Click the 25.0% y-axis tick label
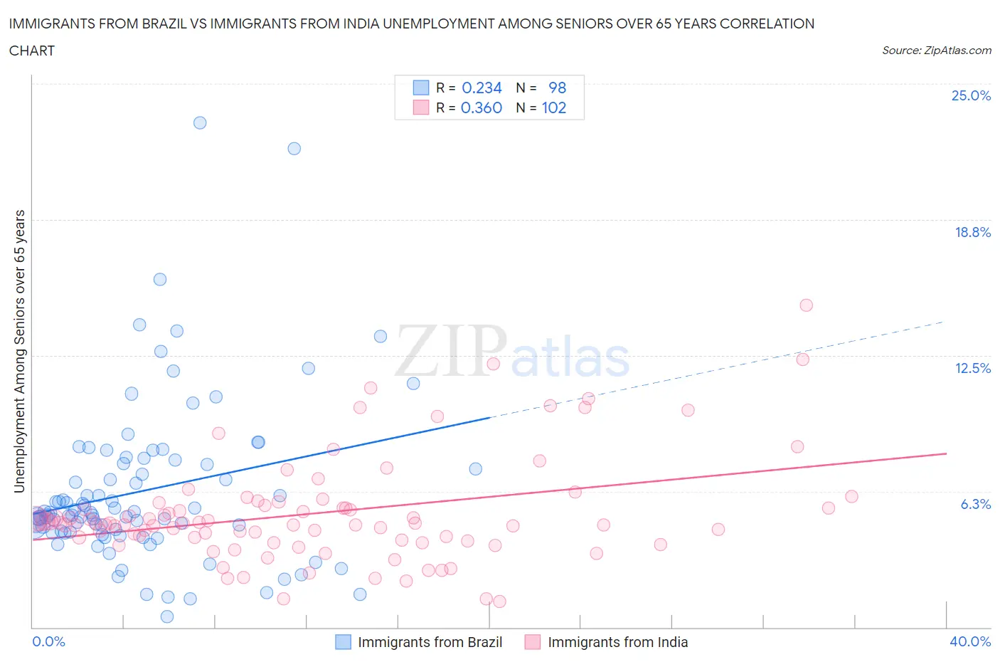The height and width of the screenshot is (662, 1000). click(971, 95)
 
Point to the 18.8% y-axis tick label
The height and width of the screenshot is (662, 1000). click(972, 232)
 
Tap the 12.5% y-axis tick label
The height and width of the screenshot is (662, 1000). click(972, 368)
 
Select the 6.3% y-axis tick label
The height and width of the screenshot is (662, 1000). click(975, 504)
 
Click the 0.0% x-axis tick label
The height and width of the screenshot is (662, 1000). click(48, 641)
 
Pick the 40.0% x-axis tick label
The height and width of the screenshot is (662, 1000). click(970, 641)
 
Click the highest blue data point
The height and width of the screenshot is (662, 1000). click(200, 122)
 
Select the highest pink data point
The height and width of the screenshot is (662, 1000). click(806, 305)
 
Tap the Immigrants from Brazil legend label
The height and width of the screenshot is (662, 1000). click(430, 642)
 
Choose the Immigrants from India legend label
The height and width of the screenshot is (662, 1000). click(617, 642)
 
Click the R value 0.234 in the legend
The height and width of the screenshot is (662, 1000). click(482, 88)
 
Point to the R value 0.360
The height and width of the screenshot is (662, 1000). click(482, 107)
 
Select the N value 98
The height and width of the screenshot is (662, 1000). click(557, 88)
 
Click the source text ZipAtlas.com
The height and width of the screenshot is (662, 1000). click(957, 51)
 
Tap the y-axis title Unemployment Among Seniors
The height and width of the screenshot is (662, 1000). click(19, 351)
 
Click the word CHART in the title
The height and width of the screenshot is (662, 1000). click(32, 51)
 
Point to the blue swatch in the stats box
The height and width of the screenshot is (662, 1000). click(421, 88)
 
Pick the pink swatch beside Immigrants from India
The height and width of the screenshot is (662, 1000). click(532, 642)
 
